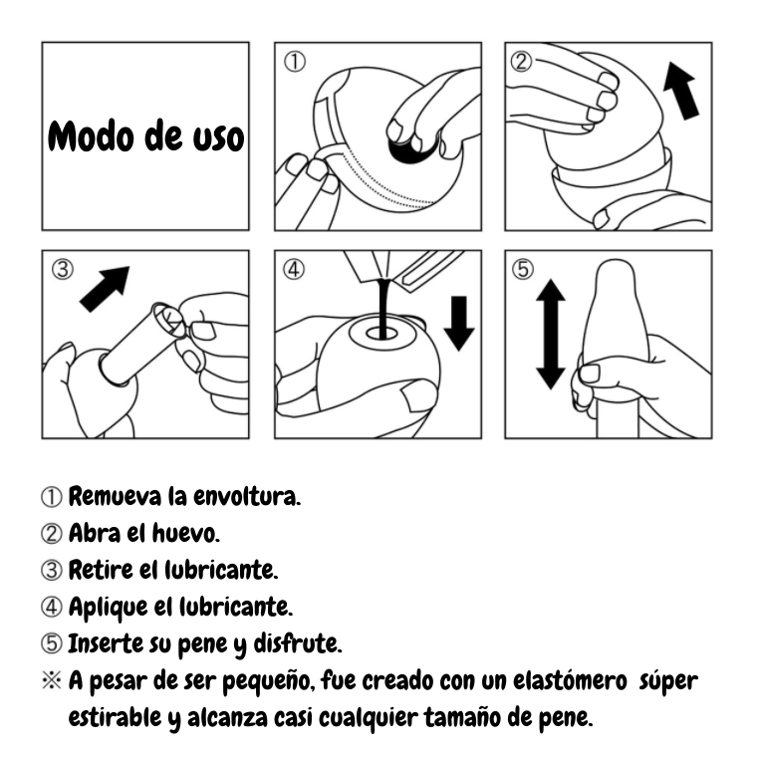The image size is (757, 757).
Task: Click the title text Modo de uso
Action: pos(145,136)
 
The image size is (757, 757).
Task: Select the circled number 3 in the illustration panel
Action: pos(61,270)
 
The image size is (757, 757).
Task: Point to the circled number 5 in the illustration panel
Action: pos(525,270)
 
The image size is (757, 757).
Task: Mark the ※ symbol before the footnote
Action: pos(52,680)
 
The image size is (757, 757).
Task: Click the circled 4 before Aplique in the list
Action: pos(52,606)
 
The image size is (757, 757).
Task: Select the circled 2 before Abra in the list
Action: pos(52,533)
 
